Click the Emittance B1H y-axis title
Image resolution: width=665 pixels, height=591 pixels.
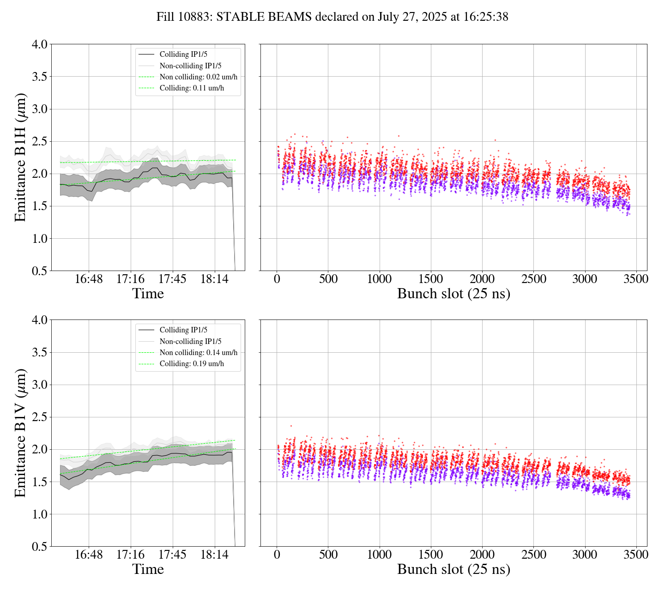(x=20, y=157)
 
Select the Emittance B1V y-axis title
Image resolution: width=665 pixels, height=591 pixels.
(x=20, y=433)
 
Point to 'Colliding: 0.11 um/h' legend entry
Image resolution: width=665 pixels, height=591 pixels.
(x=192, y=88)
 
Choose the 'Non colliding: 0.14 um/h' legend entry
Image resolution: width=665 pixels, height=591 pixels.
(x=199, y=353)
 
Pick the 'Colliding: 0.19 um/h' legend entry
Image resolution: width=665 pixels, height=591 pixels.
(x=192, y=364)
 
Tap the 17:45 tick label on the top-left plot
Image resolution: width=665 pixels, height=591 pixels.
(x=172, y=279)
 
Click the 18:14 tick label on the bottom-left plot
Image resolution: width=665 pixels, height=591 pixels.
(x=214, y=555)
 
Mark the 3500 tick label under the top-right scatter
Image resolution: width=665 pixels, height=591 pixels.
(x=636, y=279)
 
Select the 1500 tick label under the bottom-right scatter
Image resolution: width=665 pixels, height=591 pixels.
(x=430, y=555)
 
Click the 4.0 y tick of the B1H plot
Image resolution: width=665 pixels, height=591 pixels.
(x=39, y=44)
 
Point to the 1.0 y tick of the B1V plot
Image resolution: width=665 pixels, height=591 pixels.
(x=39, y=514)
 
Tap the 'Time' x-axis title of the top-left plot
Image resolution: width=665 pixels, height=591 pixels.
(x=148, y=294)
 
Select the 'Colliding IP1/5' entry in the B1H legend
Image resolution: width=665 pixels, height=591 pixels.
(x=183, y=54)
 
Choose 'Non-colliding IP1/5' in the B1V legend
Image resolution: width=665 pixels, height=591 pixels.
(x=190, y=342)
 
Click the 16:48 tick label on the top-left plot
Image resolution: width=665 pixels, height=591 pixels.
(x=89, y=279)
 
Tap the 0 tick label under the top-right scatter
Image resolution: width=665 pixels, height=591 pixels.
(x=277, y=279)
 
